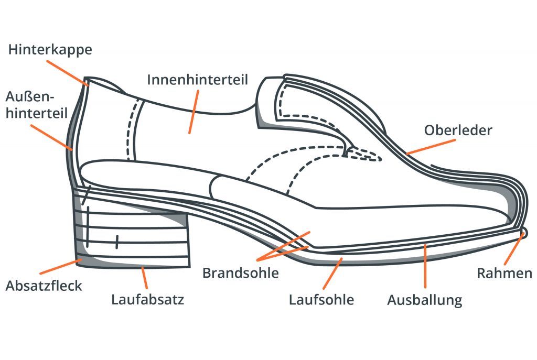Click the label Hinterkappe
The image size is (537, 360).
pyautogui.click(x=50, y=50)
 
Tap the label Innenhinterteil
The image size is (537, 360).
pyautogui.click(x=197, y=80)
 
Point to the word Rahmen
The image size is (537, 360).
pyautogui.click(x=504, y=273)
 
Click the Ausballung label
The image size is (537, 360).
pyautogui.click(x=425, y=300)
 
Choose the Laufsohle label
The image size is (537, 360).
pyautogui.click(x=321, y=300)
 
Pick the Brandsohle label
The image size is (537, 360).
pyautogui.click(x=241, y=273)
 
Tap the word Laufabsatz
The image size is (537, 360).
pyautogui.click(x=147, y=300)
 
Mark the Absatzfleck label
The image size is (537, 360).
pyautogui.click(x=44, y=286)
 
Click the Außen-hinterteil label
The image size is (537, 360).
pyautogui.click(x=36, y=105)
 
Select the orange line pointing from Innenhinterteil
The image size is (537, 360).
pyautogui.click(x=193, y=111)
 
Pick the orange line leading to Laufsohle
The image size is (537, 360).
pyautogui.click(x=333, y=273)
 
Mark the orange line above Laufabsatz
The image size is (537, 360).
pyautogui.click(x=145, y=278)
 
